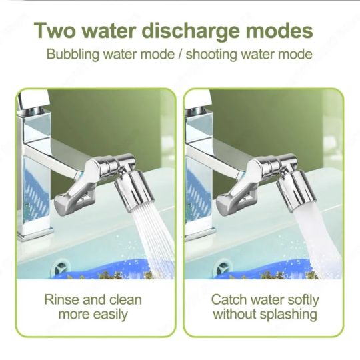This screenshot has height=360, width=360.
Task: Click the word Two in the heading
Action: (55, 30)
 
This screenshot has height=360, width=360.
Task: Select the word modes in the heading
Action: (279, 30)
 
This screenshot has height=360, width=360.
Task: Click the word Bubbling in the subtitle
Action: (73, 55)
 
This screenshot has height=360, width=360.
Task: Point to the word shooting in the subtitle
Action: (211, 55)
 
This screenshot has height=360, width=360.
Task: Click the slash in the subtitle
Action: (180, 55)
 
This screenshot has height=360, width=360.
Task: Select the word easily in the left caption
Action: (111, 315)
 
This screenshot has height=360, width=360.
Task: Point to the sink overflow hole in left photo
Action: (61, 267)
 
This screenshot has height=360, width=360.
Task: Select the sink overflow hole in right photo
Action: (223, 267)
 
